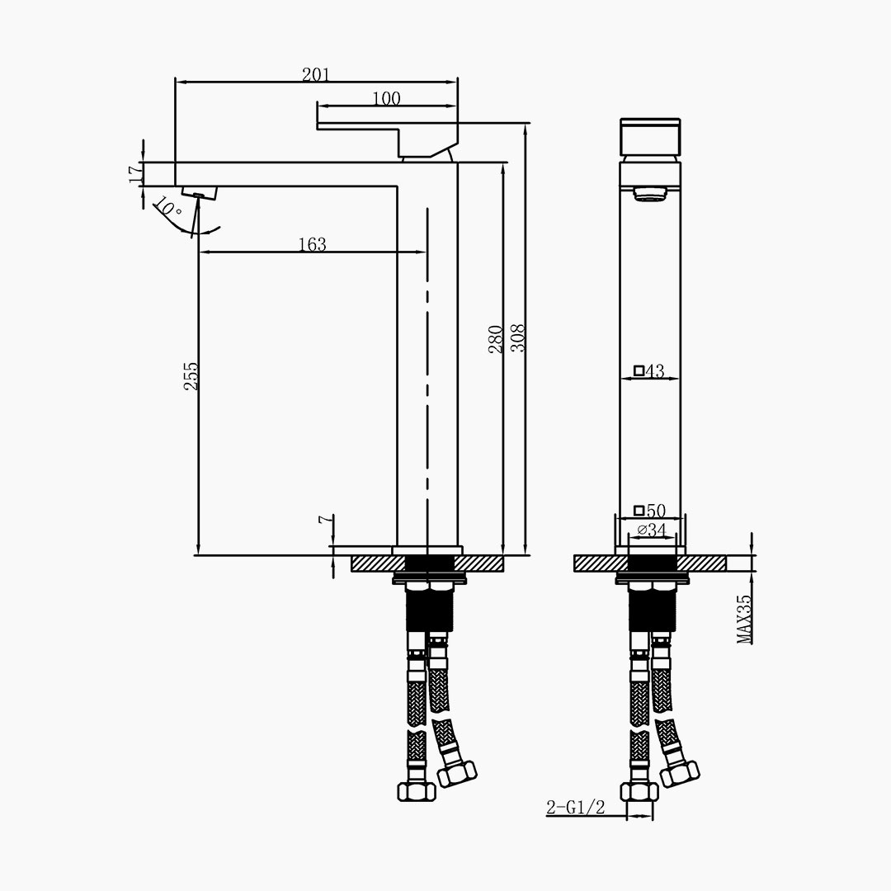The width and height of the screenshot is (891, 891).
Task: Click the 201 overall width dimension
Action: coord(315,74)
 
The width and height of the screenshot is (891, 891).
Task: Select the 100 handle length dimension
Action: coord(386,98)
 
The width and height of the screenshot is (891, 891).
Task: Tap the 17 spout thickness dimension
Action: coord(135,174)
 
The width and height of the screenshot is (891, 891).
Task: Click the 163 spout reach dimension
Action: coord(313,244)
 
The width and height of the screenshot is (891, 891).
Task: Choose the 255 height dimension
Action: coord(191,375)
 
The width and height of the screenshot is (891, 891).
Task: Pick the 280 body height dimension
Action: coord(496,339)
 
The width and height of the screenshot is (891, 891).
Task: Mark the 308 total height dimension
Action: coord(517,337)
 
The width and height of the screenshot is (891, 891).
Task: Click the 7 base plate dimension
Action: coord(324,520)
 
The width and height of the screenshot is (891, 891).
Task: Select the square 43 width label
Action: coord(649,371)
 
